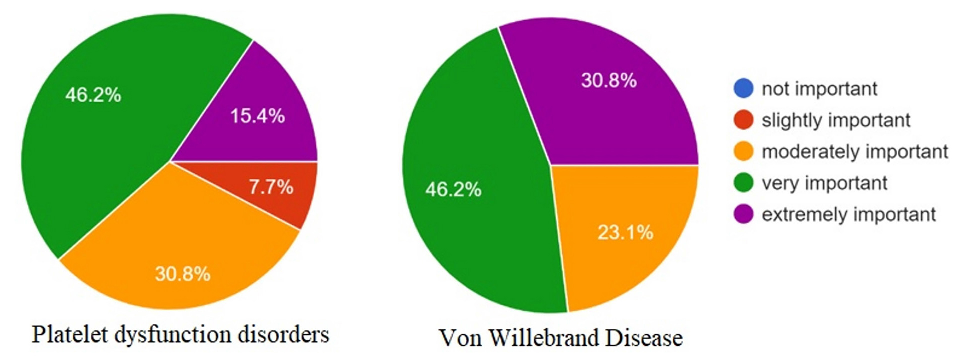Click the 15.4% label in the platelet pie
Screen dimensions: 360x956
click(x=257, y=116)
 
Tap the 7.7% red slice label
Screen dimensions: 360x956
click(x=271, y=187)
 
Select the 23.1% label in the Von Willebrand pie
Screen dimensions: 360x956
click(x=625, y=232)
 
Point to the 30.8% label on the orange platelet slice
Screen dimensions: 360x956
click(x=182, y=274)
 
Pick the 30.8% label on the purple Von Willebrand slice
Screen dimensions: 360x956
click(x=609, y=80)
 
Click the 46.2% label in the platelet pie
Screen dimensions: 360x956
click(x=93, y=95)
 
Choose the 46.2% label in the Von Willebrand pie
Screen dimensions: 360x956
click(x=453, y=189)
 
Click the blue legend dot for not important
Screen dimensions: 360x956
click(x=743, y=88)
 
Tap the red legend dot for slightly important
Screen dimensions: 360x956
click(x=743, y=120)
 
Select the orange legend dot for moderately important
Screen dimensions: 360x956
click(x=743, y=151)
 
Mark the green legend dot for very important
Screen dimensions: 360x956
click(x=743, y=183)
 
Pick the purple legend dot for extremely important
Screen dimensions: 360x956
click(x=743, y=214)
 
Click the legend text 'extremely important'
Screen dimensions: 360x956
click(x=848, y=215)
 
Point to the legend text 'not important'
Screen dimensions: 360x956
click(x=819, y=89)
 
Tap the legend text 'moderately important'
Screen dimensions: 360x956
click(x=855, y=152)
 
